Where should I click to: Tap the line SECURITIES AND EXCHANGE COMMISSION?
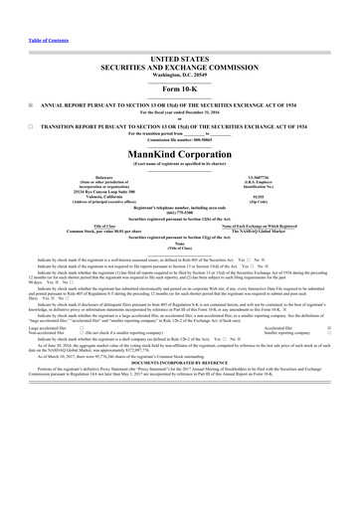180,41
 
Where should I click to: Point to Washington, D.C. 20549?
180,49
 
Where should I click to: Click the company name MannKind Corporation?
180,132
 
